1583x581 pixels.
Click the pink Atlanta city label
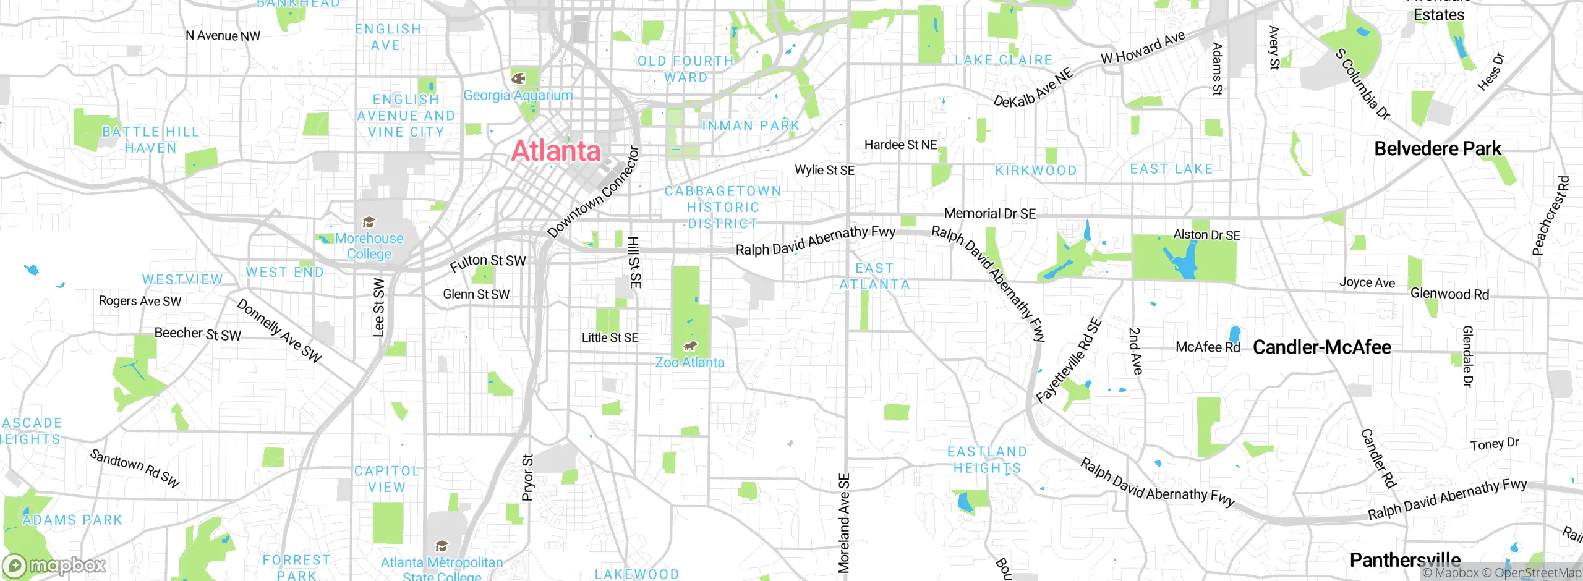click(x=556, y=151)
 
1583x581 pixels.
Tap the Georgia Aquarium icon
click(x=518, y=78)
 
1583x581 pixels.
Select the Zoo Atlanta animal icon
click(x=689, y=346)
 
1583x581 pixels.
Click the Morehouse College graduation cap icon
click(x=369, y=223)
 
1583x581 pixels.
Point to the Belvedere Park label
click(x=1437, y=149)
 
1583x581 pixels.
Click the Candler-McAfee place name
click(x=1321, y=347)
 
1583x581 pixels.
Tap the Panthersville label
click(x=1404, y=560)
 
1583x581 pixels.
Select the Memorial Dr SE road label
click(x=989, y=214)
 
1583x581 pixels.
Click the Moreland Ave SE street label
click(x=844, y=523)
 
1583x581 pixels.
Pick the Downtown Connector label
click(x=593, y=192)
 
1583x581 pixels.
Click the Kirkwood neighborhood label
click(x=1036, y=171)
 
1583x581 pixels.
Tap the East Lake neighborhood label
click(x=1171, y=169)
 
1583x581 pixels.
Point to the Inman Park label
click(x=751, y=125)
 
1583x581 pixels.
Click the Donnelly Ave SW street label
click(x=279, y=331)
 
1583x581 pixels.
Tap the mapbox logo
click(x=54, y=566)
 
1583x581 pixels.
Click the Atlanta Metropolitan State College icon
click(x=442, y=546)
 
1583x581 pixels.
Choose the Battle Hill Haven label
click(x=150, y=140)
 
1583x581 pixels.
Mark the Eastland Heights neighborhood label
click(x=987, y=460)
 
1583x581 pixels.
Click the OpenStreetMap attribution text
click(x=1537, y=573)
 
